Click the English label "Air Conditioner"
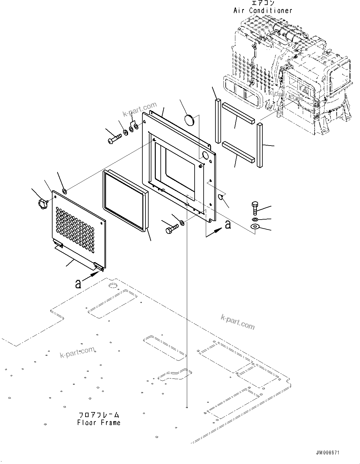pyautogui.click(x=263, y=11)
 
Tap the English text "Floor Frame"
pyautogui.click(x=99, y=422)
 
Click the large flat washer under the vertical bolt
pyautogui.click(x=255, y=227)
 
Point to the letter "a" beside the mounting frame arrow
pyautogui.click(x=228, y=225)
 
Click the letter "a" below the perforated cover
pyautogui.click(x=78, y=283)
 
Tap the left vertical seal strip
pyautogui.click(x=218, y=123)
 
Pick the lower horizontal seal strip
pyautogui.click(x=238, y=152)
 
